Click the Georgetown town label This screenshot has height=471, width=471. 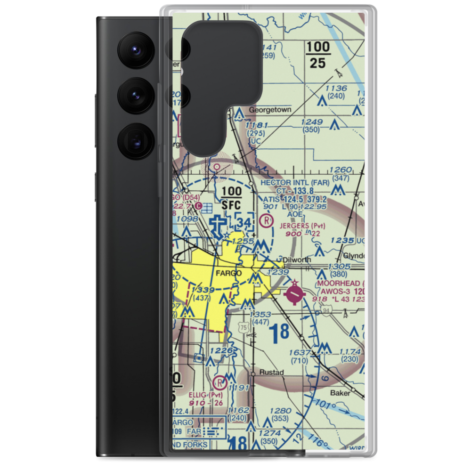(x=270, y=110)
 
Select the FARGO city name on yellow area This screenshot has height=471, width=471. (x=229, y=273)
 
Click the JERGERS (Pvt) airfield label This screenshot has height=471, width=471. (x=302, y=226)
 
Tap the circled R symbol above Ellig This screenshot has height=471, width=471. (x=219, y=382)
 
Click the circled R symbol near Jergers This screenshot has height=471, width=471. (x=267, y=219)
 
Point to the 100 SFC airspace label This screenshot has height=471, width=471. (x=231, y=198)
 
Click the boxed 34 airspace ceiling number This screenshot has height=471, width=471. (x=245, y=222)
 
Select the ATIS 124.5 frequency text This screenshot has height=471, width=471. (x=282, y=199)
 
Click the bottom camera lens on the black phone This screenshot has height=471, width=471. (x=134, y=140)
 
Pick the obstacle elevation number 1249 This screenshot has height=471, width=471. (x=314, y=122)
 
